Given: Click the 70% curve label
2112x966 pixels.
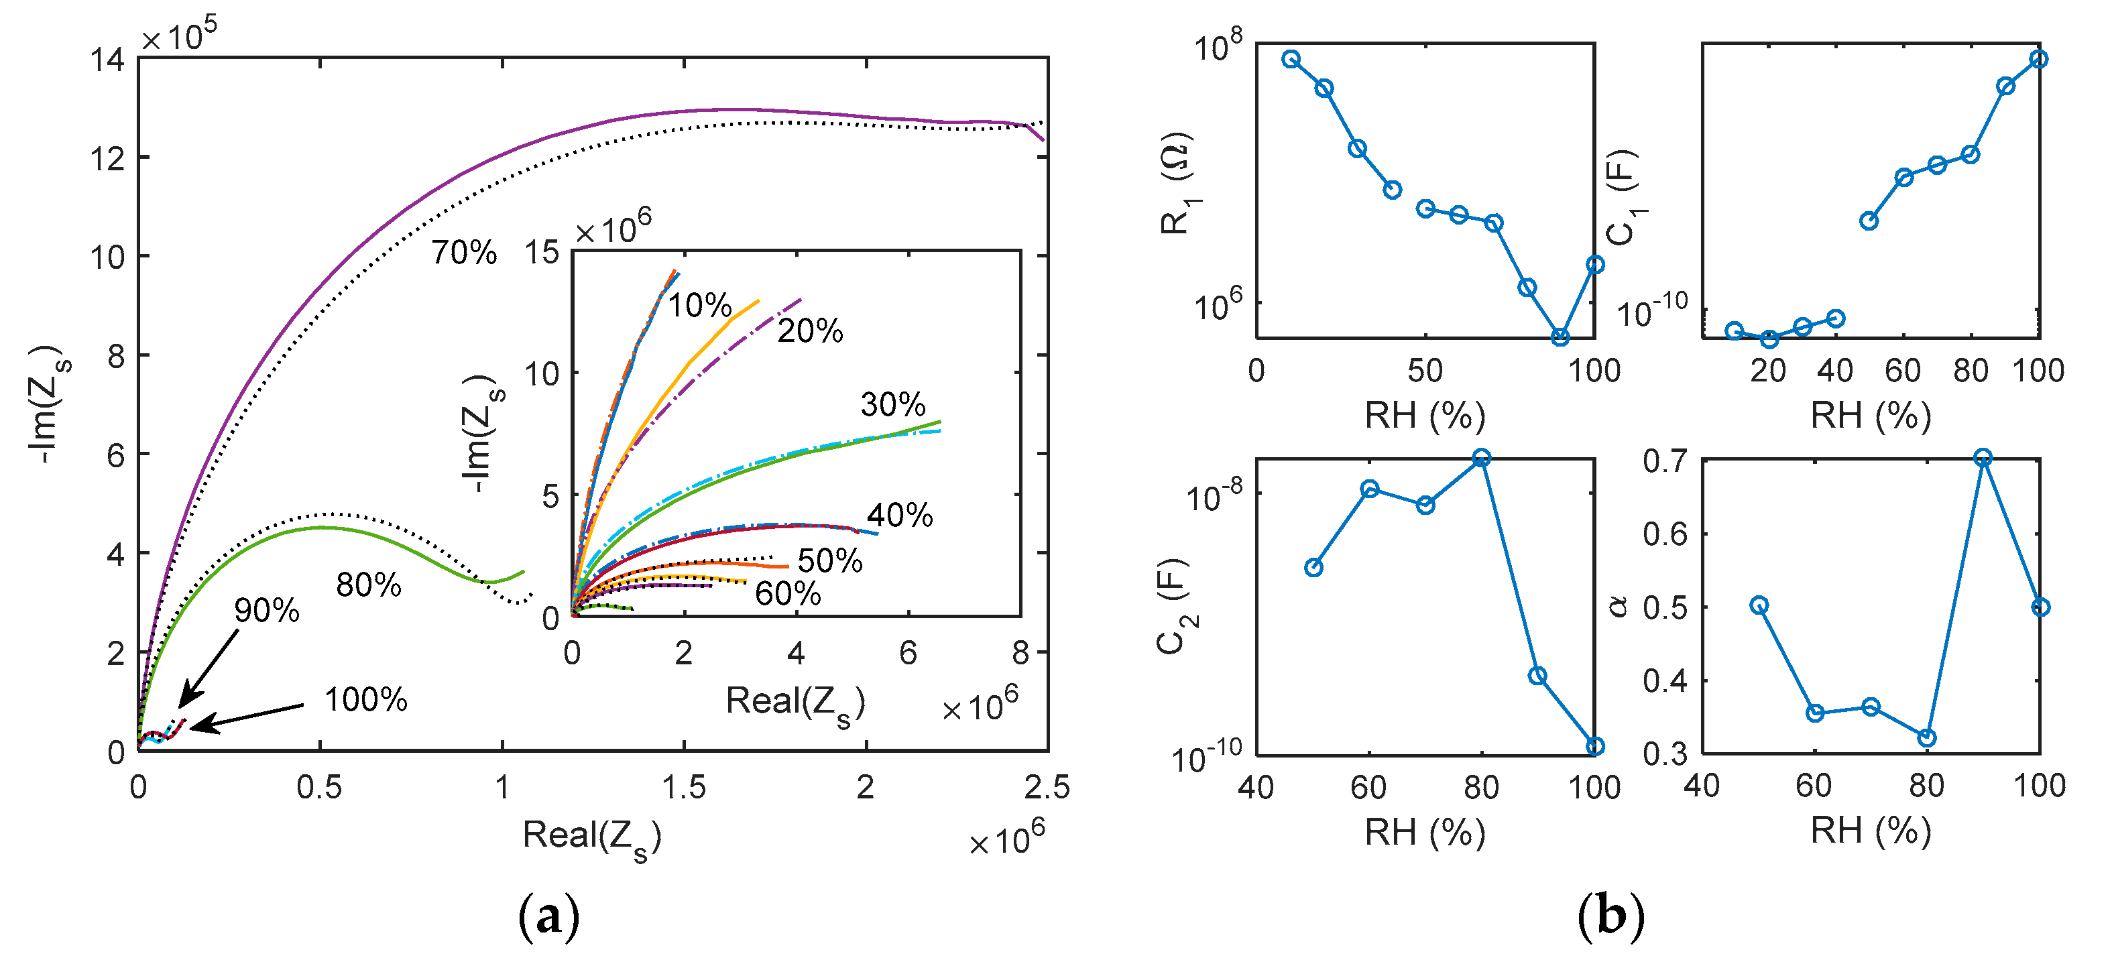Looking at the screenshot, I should [x=464, y=253].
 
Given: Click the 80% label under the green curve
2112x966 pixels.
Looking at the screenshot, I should [x=368, y=585].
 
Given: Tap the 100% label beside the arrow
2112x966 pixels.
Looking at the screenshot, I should [x=365, y=699].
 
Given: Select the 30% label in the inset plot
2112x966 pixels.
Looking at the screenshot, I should [x=892, y=404].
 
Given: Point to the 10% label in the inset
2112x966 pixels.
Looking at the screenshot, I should [x=699, y=306].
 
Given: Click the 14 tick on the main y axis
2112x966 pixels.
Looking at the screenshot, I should [x=108, y=60].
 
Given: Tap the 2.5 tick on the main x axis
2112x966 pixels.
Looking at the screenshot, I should [x=1046, y=787].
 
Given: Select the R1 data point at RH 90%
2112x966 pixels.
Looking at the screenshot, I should [x=1560, y=337].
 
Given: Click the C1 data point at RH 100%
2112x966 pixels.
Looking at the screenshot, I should [x=2039, y=59].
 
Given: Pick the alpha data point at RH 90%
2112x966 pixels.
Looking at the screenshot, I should [x=1983, y=458].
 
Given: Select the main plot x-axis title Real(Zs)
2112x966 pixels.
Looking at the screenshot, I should [x=591, y=837].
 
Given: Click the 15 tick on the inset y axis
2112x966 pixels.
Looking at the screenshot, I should [x=541, y=252].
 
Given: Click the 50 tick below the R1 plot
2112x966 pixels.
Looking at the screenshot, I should [x=1425, y=371].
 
